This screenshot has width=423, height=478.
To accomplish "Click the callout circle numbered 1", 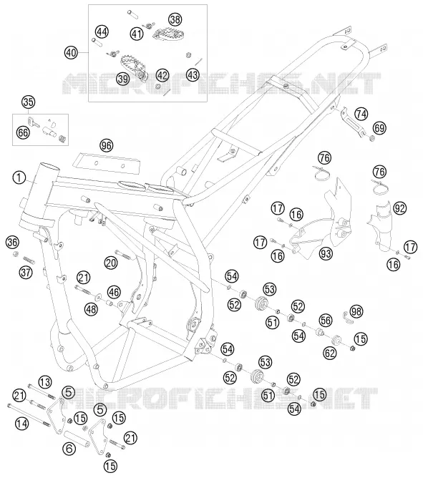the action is tap(19, 177).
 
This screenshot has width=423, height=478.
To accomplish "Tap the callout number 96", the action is tap(107, 146).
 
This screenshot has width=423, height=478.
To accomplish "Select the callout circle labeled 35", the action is tap(28, 102).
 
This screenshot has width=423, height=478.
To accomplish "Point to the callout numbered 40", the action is tap(71, 53).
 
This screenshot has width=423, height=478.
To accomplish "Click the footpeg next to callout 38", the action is tap(167, 33).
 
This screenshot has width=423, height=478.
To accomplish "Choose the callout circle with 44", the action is tap(102, 31).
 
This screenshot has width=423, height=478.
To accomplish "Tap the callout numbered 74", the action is tap(361, 114).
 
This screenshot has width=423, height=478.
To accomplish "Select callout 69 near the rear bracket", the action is tap(379, 128).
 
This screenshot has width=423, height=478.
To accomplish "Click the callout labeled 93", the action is tap(326, 253).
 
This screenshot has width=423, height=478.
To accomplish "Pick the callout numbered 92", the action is tap(400, 208).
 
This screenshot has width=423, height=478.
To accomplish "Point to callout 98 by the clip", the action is tap(356, 311).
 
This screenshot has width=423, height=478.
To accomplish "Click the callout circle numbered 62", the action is tap(330, 353).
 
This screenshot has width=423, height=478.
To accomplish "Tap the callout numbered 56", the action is tap(326, 320).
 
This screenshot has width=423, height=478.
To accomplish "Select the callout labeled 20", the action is tap(111, 263).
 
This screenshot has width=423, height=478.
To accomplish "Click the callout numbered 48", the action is tap(91, 309).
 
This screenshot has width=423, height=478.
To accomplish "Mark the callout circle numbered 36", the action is tap(12, 243).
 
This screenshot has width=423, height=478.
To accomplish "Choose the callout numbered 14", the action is tap(22, 424).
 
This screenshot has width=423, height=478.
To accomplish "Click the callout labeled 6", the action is tap(69, 449).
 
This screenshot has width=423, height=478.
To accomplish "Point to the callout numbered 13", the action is tap(45, 381).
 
